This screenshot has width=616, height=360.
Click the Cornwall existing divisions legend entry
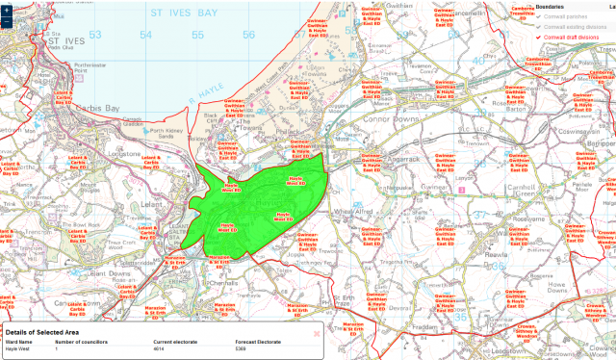coord(577,28)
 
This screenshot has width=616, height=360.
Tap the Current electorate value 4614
coord(164,349)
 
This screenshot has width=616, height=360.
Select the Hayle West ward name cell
coord(19,349)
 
